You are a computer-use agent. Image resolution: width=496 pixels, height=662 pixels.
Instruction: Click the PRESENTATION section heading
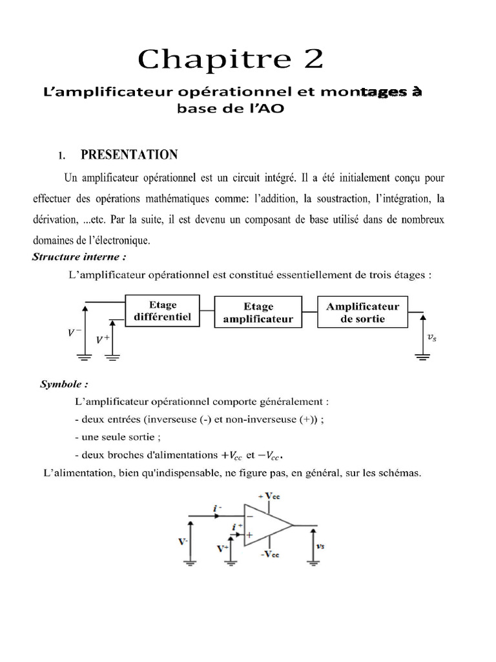pyautogui.click(x=129, y=155)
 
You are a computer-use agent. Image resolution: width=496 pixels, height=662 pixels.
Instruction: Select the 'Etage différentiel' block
pyautogui.click(x=161, y=310)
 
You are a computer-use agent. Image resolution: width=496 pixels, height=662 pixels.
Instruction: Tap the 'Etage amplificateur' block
pyautogui.click(x=258, y=312)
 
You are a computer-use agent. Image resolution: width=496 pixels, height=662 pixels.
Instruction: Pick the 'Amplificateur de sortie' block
pyautogui.click(x=362, y=312)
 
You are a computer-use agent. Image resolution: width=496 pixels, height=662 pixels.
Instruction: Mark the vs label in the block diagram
pyautogui.click(x=432, y=337)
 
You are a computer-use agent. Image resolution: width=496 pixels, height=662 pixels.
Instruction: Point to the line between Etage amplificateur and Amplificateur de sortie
pyautogui.click(x=310, y=312)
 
